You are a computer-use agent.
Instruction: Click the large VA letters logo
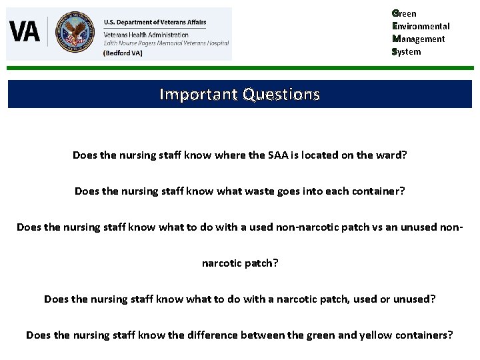pyautogui.click(x=25, y=31)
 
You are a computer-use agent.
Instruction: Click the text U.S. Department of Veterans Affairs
pyautogui.click(x=155, y=23)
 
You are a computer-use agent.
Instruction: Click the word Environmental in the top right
pyautogui.click(x=421, y=26)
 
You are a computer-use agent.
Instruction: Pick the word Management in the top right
pyautogui.click(x=419, y=39)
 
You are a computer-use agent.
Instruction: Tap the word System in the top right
pyautogui.click(x=407, y=51)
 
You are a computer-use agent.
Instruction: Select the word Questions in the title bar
pyautogui.click(x=281, y=94)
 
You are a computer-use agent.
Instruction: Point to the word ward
pyautogui.click(x=391, y=155)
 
